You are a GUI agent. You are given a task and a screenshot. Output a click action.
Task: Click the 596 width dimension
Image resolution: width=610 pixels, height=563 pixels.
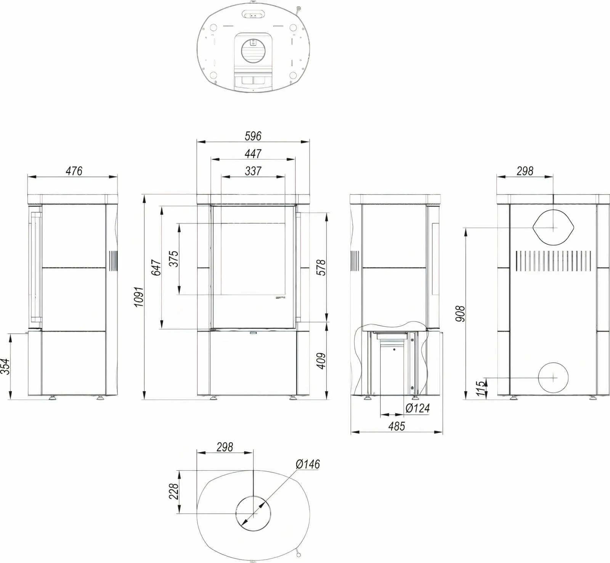[253, 136]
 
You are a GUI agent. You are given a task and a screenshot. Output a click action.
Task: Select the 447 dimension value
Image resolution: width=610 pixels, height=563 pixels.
[253, 153]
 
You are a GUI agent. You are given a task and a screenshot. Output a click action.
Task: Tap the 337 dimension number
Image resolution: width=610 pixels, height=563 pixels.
[253, 171]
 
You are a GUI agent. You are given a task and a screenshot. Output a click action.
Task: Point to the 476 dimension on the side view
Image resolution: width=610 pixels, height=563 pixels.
[74, 171]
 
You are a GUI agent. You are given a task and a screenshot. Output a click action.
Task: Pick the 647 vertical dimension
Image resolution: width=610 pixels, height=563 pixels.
[156, 267]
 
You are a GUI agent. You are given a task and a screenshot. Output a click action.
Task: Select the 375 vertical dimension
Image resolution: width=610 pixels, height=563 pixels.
[173, 259]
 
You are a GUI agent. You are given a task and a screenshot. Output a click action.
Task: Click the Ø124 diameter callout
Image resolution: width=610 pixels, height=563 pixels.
[417, 408]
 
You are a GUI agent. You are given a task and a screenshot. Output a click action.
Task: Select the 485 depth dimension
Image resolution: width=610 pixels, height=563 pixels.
[396, 426]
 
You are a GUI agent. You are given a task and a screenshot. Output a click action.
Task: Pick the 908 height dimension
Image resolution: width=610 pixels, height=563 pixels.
[461, 313]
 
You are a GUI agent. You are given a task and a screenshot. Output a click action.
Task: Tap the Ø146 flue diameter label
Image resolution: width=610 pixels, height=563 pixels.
[308, 464]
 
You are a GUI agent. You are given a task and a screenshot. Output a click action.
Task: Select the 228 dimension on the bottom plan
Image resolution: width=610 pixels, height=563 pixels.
[173, 492]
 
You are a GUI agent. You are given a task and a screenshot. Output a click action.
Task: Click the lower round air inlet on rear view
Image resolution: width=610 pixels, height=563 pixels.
[553, 377]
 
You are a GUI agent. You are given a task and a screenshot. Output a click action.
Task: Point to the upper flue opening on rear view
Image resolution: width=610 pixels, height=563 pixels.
[553, 227]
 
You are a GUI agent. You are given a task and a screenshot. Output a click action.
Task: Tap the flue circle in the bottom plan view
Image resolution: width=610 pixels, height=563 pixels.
[253, 513]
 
